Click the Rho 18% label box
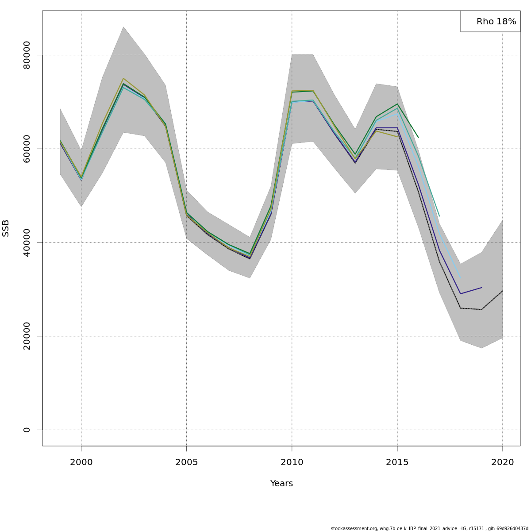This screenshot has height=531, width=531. (490, 21)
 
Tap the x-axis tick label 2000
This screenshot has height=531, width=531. (81, 462)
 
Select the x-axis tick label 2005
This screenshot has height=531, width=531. (186, 462)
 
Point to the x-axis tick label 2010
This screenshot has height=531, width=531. (292, 462)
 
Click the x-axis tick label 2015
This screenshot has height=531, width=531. (397, 462)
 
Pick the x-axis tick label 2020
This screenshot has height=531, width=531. (502, 462)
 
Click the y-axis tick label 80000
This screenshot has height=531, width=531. (27, 55)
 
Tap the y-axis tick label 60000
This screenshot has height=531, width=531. (27, 149)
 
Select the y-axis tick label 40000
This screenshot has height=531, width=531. (27, 242)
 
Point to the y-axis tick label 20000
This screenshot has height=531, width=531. (27, 336)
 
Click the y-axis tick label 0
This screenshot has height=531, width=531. (27, 430)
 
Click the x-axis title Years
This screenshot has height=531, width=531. (281, 484)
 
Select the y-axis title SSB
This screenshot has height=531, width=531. (6, 228)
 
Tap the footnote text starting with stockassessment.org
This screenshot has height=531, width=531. (429, 528)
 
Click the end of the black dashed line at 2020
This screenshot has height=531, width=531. (502, 291)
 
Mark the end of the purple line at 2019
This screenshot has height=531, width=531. (481, 288)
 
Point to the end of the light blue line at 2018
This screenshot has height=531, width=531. (460, 277)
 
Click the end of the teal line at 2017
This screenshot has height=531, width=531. (439, 216)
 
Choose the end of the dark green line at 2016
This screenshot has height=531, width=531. (418, 137)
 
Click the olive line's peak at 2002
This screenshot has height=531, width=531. (123, 78)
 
